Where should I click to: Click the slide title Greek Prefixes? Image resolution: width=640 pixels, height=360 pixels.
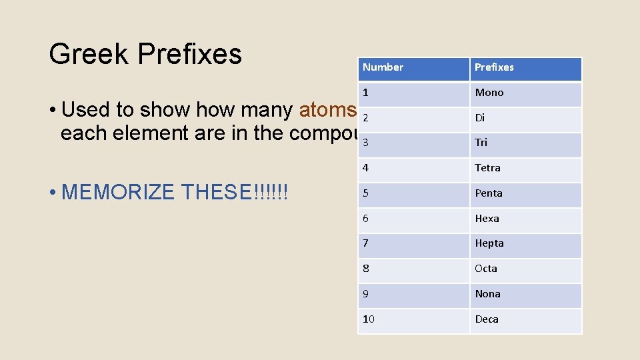click(145, 54)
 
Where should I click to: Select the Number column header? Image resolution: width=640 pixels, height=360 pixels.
click(383, 67)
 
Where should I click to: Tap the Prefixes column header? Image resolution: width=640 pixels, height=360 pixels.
click(494, 67)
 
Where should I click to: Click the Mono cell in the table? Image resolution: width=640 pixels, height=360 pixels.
click(489, 93)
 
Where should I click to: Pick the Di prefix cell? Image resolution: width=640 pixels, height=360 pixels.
click(480, 118)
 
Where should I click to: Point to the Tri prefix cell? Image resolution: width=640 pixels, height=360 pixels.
click(481, 143)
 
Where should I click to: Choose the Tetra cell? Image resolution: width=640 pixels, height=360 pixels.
click(487, 168)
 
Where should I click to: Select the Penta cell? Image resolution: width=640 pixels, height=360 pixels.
click(489, 193)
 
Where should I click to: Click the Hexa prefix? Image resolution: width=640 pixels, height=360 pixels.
click(487, 219)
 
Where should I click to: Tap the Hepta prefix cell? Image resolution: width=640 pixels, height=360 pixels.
click(489, 243)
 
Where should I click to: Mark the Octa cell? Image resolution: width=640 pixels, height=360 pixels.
click(486, 269)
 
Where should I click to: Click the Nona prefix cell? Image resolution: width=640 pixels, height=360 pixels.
click(487, 294)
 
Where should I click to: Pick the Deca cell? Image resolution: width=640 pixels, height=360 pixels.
click(487, 319)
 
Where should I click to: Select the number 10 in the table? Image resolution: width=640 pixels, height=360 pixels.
click(369, 319)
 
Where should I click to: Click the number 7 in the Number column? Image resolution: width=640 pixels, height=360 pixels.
click(365, 243)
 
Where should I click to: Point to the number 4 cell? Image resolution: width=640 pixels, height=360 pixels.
click(365, 168)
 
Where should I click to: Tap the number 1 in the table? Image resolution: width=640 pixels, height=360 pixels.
click(365, 93)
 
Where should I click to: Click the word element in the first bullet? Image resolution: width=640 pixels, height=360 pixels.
click(147, 133)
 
